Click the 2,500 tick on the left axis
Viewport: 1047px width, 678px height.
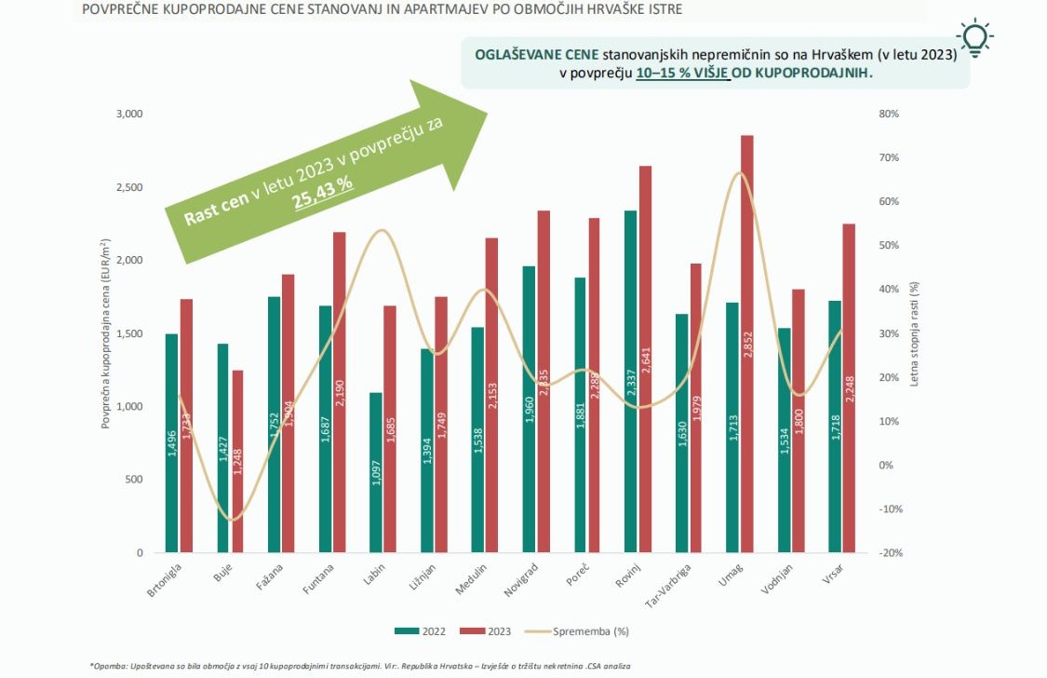[128, 187]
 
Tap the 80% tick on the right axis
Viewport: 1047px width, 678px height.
[890, 114]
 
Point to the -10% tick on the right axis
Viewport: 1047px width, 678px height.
[892, 509]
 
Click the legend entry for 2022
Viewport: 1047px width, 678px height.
[420, 631]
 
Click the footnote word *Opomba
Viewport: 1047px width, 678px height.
[109, 666]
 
